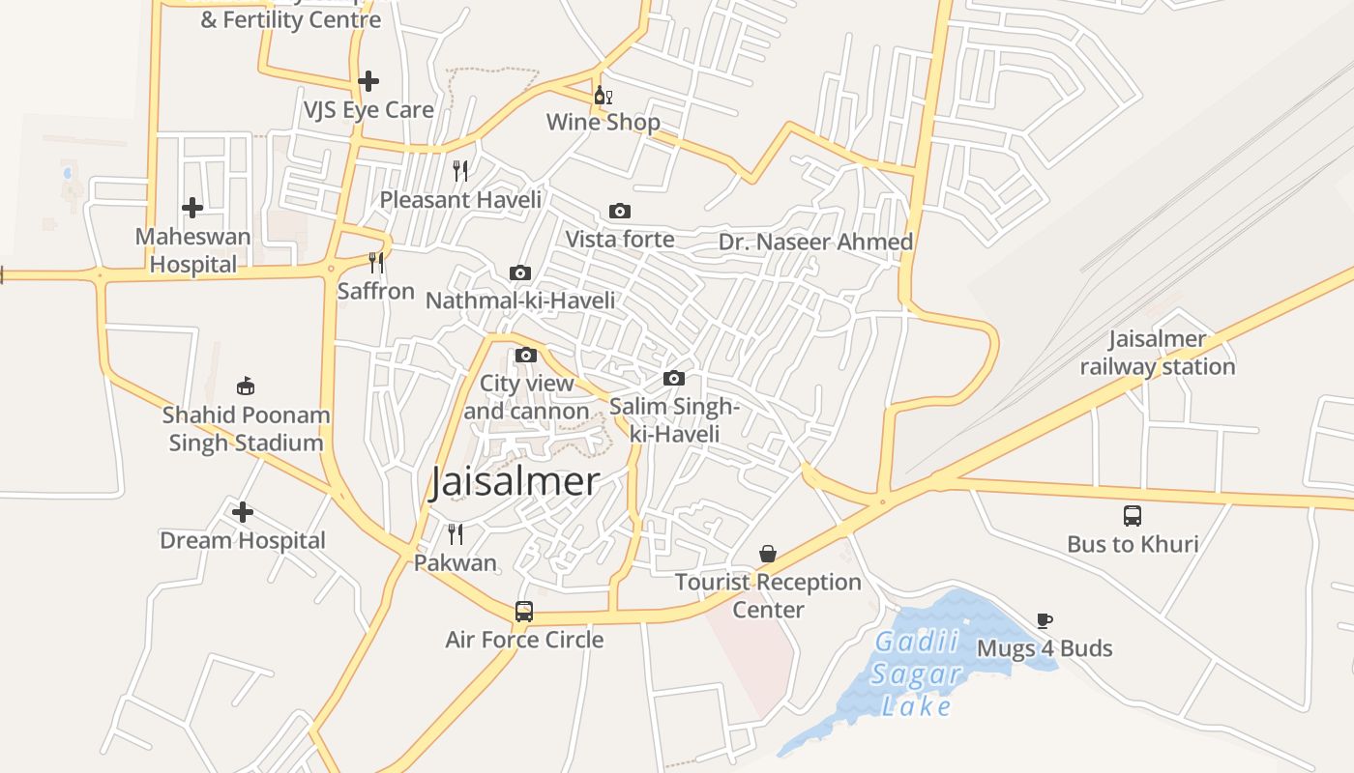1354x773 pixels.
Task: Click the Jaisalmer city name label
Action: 515,481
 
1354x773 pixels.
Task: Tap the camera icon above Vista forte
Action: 620,211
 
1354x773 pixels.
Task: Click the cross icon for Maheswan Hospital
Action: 192,207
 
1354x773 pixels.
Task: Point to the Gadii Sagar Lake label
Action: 916,673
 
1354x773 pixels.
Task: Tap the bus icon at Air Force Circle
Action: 523,612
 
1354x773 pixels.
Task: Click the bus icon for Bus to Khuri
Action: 1133,515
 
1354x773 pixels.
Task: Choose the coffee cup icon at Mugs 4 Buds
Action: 1044,620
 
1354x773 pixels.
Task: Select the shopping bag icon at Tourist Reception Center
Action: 768,554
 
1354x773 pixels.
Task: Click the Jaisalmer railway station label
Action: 1158,353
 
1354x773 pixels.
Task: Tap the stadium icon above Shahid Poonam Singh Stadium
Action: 246,386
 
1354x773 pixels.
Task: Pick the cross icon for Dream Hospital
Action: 243,511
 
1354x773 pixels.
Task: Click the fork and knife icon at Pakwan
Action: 455,533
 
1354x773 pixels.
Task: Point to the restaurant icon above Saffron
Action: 376,262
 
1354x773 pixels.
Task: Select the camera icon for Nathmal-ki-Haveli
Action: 520,273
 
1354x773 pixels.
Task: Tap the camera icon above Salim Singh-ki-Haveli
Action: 674,378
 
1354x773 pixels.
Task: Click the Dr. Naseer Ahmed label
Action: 815,242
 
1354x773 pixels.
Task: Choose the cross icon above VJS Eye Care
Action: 368,81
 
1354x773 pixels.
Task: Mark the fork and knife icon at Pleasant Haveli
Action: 460,170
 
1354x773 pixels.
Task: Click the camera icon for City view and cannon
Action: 526,355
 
